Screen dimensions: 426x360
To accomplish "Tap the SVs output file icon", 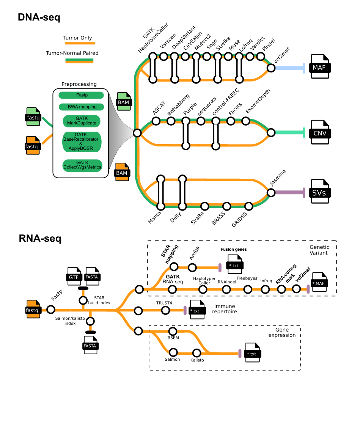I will pyautogui.click(x=320, y=192).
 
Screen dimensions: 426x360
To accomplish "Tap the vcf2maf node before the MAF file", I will pyautogui.click(x=271, y=68).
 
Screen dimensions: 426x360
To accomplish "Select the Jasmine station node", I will pyautogui.click(x=271, y=192).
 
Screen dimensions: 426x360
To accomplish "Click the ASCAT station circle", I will pyautogui.click(x=156, y=121).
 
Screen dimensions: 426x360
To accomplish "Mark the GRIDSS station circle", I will pyautogui.click(x=249, y=206).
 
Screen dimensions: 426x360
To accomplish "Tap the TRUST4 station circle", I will pyautogui.click(x=165, y=310).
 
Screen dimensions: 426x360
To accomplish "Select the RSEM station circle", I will pyautogui.click(x=173, y=331).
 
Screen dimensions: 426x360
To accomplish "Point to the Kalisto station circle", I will pyautogui.click(x=197, y=352).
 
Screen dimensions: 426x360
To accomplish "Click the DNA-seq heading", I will pyautogui.click(x=39, y=17).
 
